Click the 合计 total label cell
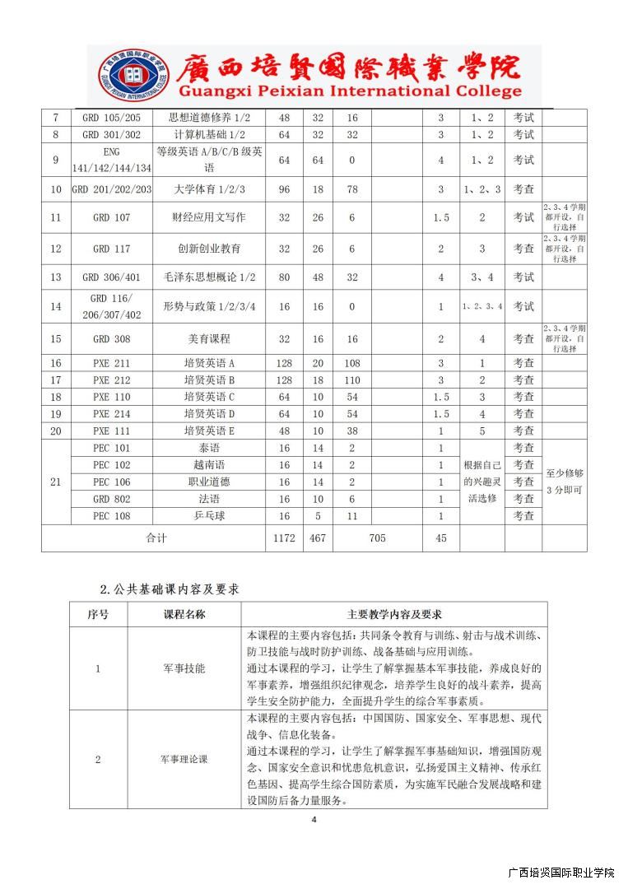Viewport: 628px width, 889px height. pos(156,538)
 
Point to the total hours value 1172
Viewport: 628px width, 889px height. pos(285,538)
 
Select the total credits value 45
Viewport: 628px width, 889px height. pos(440,538)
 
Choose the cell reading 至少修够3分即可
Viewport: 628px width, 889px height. pos(565,482)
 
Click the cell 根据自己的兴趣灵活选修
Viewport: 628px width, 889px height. pos(481,482)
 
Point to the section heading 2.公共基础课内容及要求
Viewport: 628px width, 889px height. pos(170,589)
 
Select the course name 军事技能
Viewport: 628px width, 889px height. pos(184,668)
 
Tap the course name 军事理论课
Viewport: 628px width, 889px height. pos(184,759)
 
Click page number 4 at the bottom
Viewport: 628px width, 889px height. pos(314,819)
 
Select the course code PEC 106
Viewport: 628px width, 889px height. pos(112,482)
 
